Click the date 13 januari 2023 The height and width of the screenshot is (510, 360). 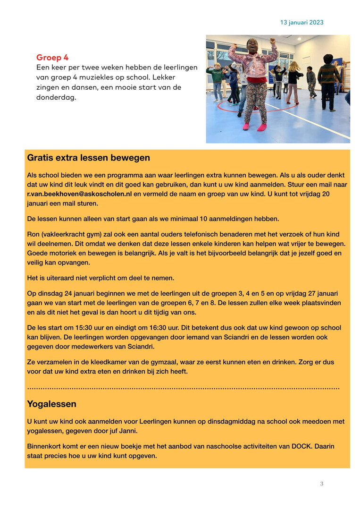point(301,22)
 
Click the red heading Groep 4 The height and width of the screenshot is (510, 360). point(52,58)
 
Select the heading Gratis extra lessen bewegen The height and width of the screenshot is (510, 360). point(89,158)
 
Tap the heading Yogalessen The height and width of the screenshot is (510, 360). point(51,404)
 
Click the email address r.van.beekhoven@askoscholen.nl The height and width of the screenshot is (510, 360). point(79,194)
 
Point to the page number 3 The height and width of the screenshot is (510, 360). point(321,484)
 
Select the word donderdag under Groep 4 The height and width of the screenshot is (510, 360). point(56,97)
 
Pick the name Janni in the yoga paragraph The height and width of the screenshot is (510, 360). point(128,431)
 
